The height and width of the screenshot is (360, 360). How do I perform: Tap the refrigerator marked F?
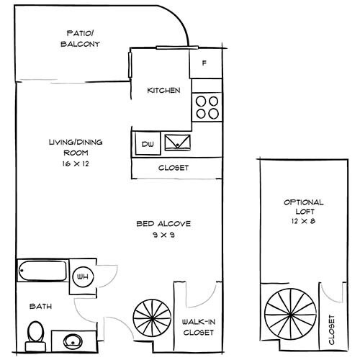tap(204, 63)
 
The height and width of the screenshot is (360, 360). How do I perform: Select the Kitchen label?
tap(163, 91)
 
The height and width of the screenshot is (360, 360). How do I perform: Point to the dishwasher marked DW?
tap(148, 143)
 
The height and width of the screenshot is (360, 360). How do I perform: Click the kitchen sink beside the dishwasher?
tap(178, 141)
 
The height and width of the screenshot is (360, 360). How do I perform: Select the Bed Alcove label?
tap(164, 224)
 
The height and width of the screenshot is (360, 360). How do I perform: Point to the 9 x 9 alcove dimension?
tap(164, 235)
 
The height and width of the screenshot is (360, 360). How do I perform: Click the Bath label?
tap(40, 306)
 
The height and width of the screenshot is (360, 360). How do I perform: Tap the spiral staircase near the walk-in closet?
tap(152, 318)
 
